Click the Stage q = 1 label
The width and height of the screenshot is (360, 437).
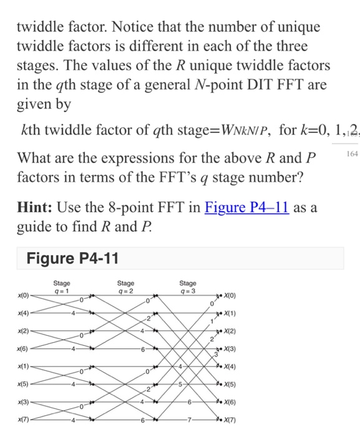click(x=62, y=285)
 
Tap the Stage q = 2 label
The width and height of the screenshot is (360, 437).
click(x=125, y=285)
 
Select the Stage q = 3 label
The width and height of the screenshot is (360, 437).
click(x=188, y=285)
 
